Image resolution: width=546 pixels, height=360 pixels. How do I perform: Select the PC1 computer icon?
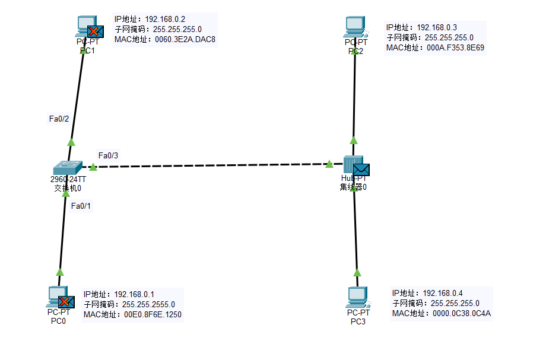[x=85, y=27]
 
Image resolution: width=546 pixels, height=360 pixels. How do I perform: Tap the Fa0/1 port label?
[x=81, y=206]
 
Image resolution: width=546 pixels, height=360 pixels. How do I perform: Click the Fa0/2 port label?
[x=59, y=119]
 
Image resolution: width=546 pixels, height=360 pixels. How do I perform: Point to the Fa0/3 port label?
[x=108, y=155]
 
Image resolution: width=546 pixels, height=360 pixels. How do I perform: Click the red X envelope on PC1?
[x=96, y=31]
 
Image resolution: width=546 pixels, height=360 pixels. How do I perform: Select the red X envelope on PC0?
[x=66, y=302]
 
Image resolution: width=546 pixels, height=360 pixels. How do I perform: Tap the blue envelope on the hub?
[x=361, y=170]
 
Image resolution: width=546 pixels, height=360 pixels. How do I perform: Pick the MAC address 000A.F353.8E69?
[x=454, y=47]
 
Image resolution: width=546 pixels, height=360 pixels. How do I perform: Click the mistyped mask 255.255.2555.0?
[x=148, y=304]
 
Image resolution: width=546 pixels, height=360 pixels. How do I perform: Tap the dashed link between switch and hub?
[x=208, y=165]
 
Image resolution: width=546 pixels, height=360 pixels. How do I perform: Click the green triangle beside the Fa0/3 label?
[x=93, y=167]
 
